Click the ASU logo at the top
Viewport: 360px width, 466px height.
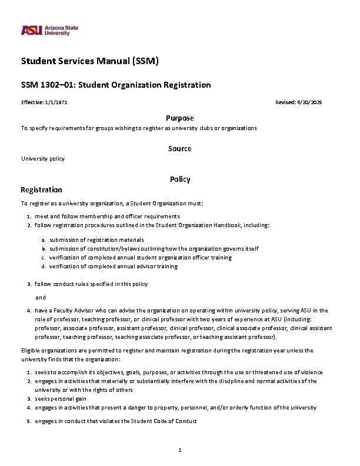[49, 30]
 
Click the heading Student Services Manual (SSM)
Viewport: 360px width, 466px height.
[90, 61]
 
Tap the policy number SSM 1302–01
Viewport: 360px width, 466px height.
[48, 85]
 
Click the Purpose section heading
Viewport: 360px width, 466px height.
[179, 118]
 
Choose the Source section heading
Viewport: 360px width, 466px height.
[179, 148]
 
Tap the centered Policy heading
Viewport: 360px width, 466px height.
[179, 179]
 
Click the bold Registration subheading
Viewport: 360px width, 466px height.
[41, 189]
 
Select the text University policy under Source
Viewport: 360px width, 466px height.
[43, 159]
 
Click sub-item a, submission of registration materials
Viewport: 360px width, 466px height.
[96, 239]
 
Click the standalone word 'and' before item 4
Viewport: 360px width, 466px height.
[41, 297]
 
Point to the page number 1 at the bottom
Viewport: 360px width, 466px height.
[179, 450]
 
